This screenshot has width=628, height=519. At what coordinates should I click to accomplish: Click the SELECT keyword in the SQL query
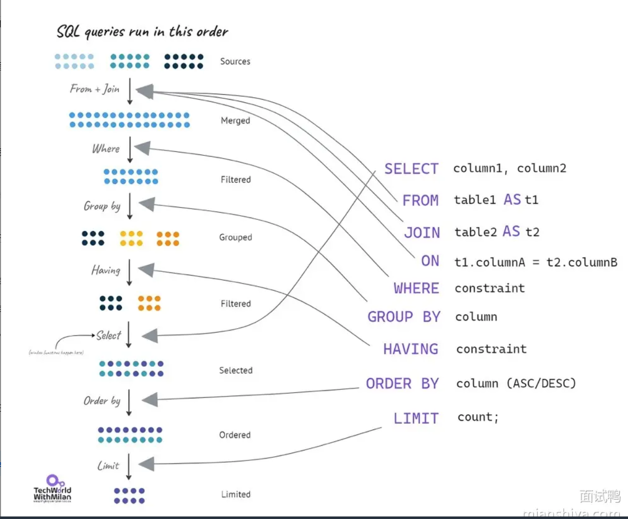tap(411, 169)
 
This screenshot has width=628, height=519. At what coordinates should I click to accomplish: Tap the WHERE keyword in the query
tap(416, 288)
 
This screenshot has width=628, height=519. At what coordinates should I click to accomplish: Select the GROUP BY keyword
tap(404, 317)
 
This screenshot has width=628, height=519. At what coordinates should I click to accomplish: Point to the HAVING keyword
tap(410, 349)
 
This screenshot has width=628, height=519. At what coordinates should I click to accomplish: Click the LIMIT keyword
tap(416, 418)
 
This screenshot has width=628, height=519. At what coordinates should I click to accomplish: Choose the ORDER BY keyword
tap(402, 384)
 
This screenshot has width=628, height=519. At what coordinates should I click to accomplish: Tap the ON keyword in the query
tap(430, 261)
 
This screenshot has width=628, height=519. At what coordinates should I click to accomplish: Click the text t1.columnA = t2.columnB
tap(535, 262)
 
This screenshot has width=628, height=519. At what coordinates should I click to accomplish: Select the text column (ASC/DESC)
tap(516, 383)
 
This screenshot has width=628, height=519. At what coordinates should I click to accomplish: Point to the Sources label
tap(235, 61)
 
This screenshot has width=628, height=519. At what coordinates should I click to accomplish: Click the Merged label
tap(235, 121)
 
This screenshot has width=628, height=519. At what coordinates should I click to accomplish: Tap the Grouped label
tap(235, 237)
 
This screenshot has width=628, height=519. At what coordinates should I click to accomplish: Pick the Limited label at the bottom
tap(235, 494)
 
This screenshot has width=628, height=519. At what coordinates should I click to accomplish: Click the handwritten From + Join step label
tap(95, 89)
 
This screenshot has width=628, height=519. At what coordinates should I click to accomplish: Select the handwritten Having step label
tap(106, 270)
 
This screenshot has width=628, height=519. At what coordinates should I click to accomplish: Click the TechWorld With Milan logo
tap(53, 489)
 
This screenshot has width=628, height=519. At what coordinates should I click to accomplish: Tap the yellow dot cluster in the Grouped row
tap(131, 238)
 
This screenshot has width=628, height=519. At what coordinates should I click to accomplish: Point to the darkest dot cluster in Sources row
tap(184, 61)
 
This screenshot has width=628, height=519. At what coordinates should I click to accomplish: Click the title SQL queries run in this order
tap(142, 31)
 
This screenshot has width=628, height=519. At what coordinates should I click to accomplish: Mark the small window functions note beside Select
tap(56, 352)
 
